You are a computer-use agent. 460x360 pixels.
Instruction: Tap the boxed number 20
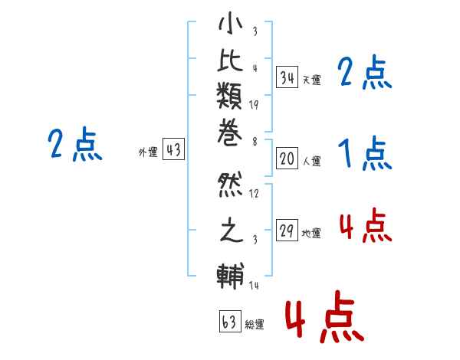tap(287, 159)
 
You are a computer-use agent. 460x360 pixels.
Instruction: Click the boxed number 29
tap(287, 231)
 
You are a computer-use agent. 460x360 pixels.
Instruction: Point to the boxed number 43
tap(173, 150)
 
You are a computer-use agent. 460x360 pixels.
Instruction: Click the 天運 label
tap(311, 80)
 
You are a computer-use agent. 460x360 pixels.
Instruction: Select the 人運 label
tap(311, 162)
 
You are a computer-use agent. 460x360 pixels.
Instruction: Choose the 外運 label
tap(148, 152)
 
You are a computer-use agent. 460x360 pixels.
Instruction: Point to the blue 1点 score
tap(364, 155)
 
